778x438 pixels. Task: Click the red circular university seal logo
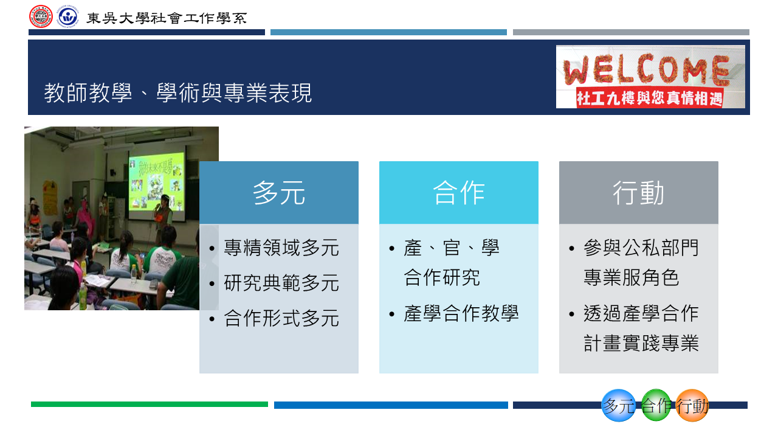41,16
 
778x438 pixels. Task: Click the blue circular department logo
67,16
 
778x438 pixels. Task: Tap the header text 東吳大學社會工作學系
167,18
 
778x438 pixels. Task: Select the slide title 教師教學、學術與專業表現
177,93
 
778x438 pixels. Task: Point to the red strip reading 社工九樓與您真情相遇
650,98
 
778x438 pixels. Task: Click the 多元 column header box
279,193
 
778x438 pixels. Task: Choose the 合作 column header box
459,193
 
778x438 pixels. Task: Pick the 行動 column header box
639,193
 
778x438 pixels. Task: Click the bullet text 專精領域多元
281,248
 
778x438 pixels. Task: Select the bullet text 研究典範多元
281,283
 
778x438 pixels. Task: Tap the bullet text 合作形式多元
281,319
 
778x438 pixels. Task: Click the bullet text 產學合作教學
461,314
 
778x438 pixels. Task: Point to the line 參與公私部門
641,248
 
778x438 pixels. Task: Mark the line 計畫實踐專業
641,344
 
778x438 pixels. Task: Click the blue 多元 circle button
618,406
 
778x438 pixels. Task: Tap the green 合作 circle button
656,406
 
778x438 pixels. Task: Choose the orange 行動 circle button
692,406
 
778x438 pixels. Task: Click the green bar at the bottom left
150,405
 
